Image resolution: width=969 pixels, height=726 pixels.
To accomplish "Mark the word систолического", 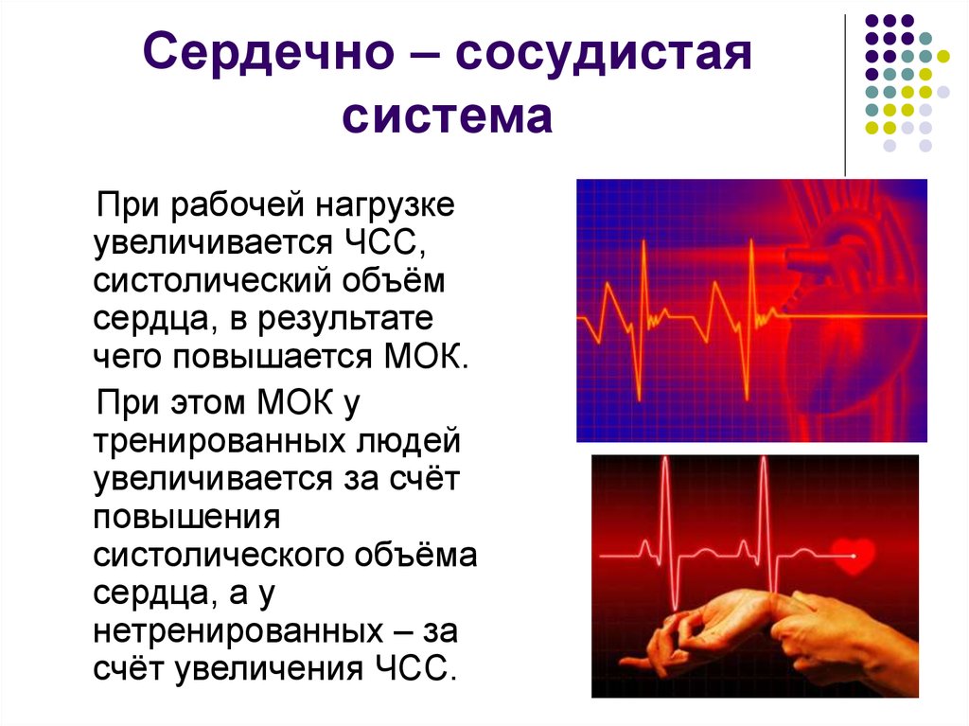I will pos(222,554).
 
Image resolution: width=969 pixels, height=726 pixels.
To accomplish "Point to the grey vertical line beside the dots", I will pos(844,95).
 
